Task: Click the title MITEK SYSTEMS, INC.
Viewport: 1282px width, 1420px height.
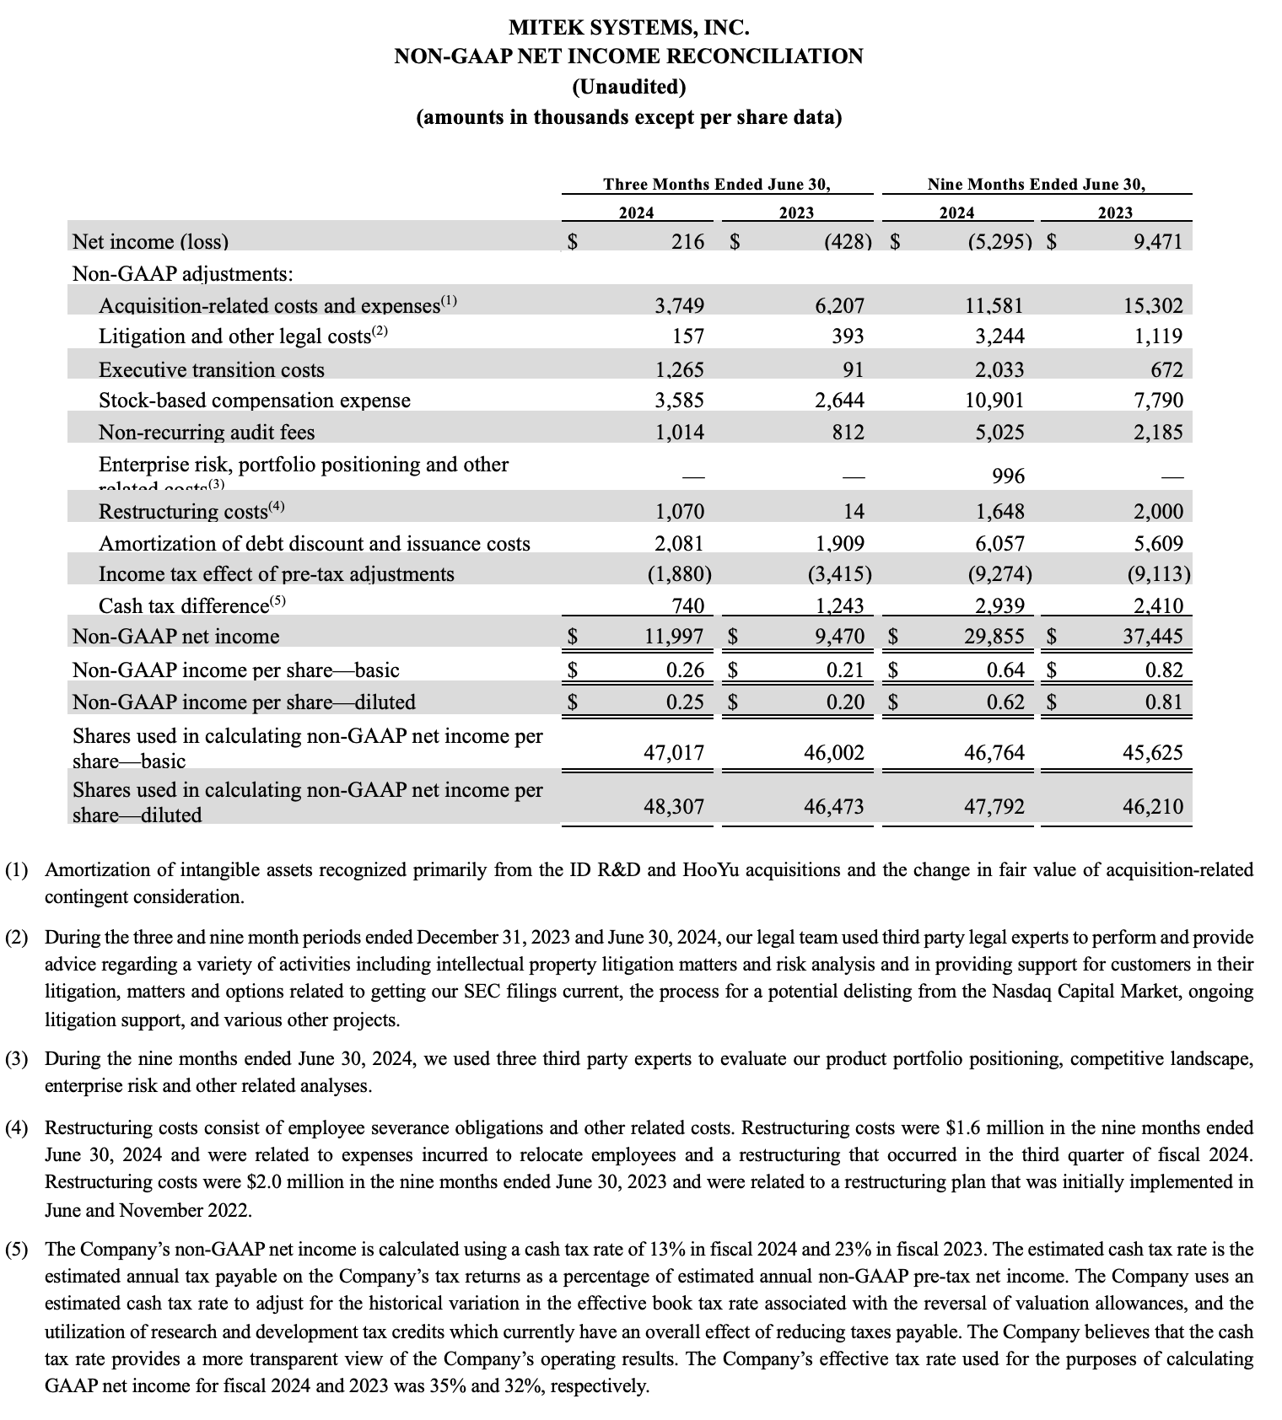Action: click(x=628, y=28)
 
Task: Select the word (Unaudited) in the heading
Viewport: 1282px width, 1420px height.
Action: click(x=628, y=87)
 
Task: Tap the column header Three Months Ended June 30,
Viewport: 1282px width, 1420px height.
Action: click(x=717, y=184)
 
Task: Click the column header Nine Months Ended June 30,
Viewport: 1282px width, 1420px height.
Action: click(x=1037, y=184)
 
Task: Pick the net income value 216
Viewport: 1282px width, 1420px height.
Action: click(x=687, y=242)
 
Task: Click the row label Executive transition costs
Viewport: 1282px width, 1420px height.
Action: click(x=211, y=370)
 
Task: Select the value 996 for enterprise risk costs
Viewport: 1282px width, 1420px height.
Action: click(x=1008, y=476)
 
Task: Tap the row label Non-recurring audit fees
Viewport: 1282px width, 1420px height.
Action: click(x=207, y=433)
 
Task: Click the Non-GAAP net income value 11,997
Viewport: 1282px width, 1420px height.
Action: click(x=674, y=637)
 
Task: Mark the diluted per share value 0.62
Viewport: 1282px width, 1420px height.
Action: click(x=1005, y=702)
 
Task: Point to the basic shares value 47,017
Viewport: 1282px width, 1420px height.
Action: click(x=674, y=753)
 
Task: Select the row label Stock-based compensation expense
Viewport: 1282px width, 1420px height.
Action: click(x=255, y=401)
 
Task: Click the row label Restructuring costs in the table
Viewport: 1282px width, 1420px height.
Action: click(x=183, y=512)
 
